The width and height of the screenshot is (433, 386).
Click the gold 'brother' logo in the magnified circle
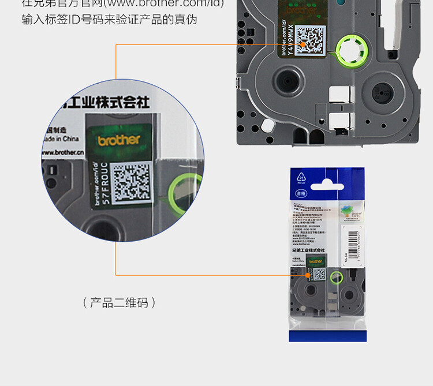[x=118, y=140]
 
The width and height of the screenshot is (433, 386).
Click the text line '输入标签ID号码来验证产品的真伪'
[x=109, y=20]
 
